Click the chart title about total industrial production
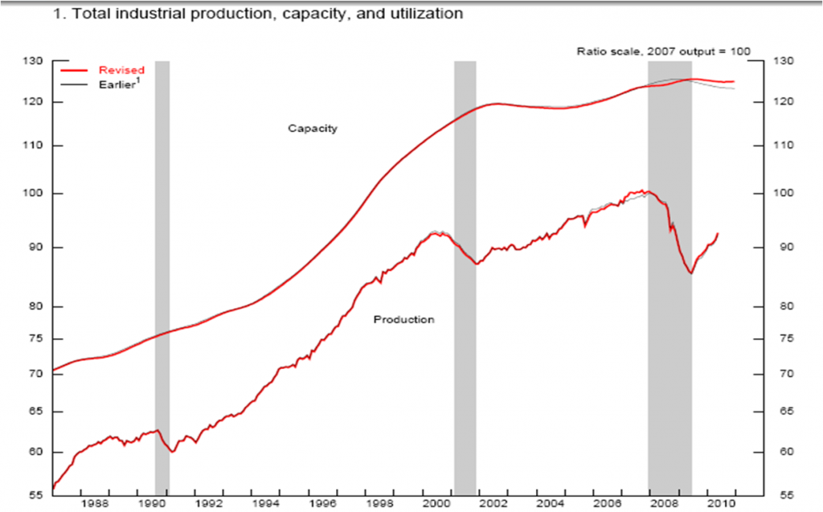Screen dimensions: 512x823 coord(257,14)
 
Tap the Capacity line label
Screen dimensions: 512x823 coord(313,129)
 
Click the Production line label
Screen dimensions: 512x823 coord(403,320)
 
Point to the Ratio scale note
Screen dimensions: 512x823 coord(663,51)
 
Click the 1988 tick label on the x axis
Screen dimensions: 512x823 coord(95,504)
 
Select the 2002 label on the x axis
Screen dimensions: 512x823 coord(493,504)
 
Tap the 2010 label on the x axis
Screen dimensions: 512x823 coord(720,504)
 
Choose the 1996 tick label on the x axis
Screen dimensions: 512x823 coord(322,504)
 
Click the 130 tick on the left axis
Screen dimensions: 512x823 coord(35,61)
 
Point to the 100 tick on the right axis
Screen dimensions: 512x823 coord(783,194)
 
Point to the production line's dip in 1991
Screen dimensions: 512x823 coord(172,452)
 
